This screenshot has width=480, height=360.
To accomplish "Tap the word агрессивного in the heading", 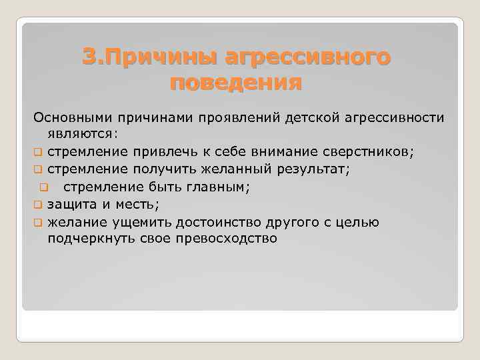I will click(307, 57).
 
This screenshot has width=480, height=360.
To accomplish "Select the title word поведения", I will click(236, 83).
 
